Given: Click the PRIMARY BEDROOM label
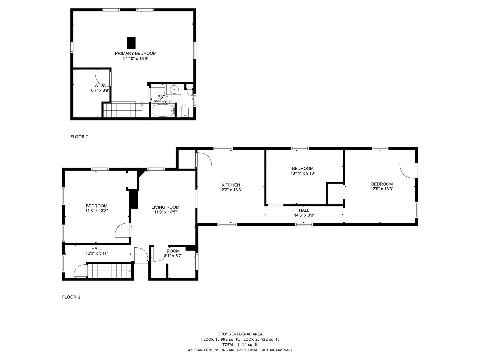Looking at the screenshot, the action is click(x=136, y=53).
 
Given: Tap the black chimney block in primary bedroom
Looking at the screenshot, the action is click(x=131, y=43).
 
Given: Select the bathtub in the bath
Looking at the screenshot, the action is click(x=163, y=111).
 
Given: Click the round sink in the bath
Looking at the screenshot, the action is click(x=174, y=89).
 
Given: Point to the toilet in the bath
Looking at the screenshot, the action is click(x=185, y=111).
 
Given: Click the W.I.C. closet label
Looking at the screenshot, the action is click(x=100, y=85).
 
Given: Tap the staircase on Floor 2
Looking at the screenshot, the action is click(x=122, y=110).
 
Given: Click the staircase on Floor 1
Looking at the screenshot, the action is click(x=109, y=271).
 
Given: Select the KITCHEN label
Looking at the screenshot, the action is click(x=231, y=185).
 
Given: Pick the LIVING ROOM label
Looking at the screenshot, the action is click(x=165, y=207).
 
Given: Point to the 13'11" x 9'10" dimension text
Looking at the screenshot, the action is click(x=303, y=173).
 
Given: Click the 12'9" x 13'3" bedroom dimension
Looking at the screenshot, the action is click(x=382, y=189).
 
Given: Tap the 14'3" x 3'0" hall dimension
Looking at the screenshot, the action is click(x=304, y=215).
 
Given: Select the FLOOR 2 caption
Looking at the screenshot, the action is click(x=79, y=137).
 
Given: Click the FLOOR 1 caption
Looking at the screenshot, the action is click(x=71, y=297).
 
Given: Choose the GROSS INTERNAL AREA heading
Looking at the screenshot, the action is click(x=240, y=334).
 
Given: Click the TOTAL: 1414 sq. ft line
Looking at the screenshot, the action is click(x=240, y=345).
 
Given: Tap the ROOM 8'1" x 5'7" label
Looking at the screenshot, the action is click(x=173, y=253).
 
